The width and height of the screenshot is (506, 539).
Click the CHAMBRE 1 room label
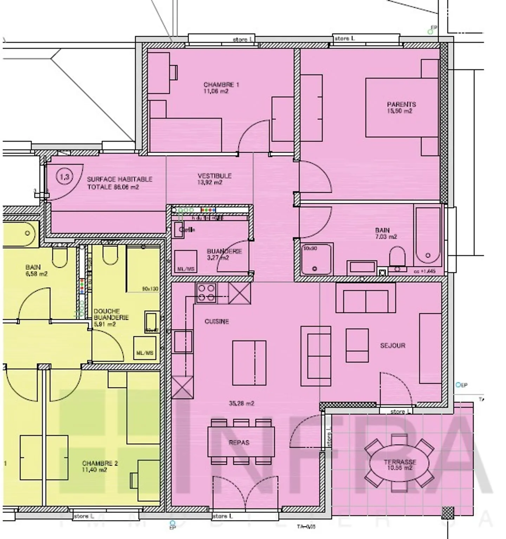tap(221, 85)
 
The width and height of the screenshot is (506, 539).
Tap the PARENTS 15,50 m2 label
tap(401, 107)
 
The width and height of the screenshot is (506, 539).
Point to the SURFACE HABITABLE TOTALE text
tap(119, 183)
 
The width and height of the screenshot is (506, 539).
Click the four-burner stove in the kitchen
tap(206, 293)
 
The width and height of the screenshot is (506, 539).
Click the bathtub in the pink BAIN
tap(427, 237)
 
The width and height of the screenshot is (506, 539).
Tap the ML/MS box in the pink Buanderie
tap(186, 262)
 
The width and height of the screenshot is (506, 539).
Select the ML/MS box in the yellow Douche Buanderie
tap(145, 348)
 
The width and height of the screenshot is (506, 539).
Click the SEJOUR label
tap(393, 346)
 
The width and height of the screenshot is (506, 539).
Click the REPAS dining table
tap(241, 442)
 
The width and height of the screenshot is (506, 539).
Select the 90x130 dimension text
tap(150, 289)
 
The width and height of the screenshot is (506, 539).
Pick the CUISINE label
tap(216, 321)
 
